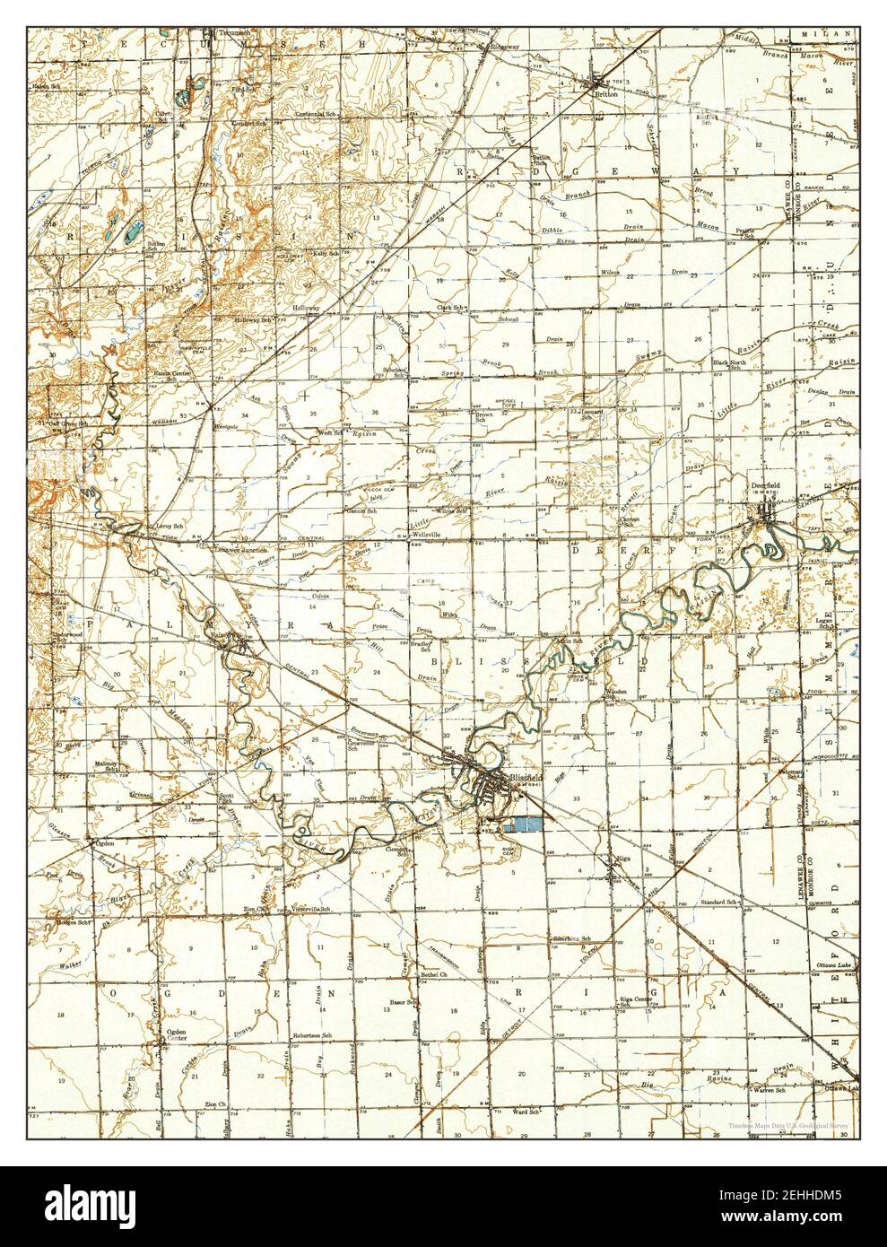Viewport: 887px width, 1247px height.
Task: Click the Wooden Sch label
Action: (615, 696)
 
